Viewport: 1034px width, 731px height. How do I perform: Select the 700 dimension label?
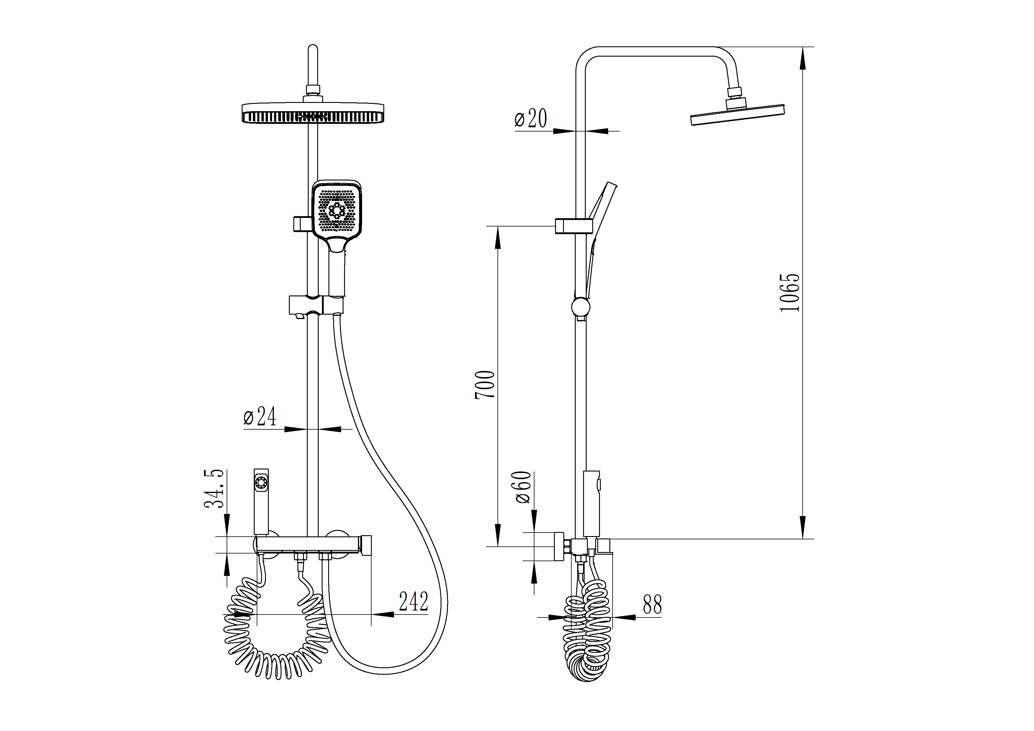pyautogui.click(x=485, y=385)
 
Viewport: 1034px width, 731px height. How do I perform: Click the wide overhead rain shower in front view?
pyautogui.click(x=314, y=113)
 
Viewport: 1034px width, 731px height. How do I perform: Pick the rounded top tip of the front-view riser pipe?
pyautogui.click(x=313, y=45)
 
